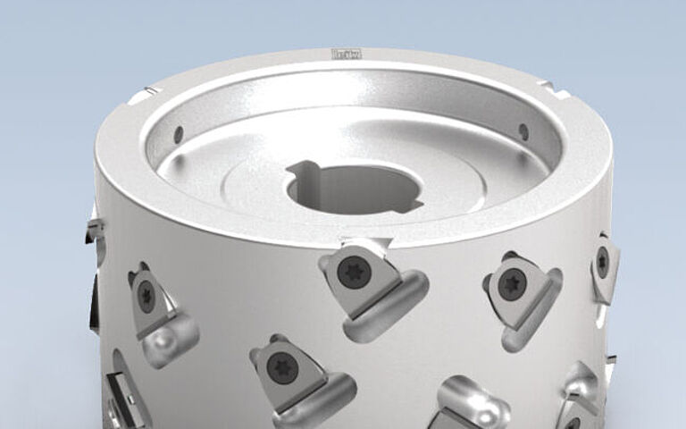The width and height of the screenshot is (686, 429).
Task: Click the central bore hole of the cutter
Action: point(350,189)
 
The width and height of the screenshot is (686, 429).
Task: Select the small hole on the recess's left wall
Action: point(178,134)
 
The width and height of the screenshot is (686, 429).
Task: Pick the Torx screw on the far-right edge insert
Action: point(604,261)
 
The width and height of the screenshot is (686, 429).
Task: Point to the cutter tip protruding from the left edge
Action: point(93,227)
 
